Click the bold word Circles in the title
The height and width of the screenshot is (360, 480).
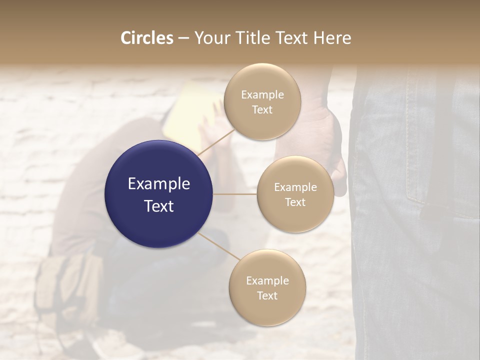click(146, 38)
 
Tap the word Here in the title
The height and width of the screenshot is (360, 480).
click(332, 38)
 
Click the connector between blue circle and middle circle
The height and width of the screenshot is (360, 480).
click(235, 194)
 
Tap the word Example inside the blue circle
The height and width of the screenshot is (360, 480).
click(159, 184)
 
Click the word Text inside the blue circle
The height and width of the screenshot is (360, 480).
click(159, 206)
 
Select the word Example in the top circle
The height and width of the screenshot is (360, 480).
click(262, 95)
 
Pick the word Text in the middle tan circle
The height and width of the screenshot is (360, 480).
click(295, 202)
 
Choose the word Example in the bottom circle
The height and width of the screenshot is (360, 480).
click(267, 281)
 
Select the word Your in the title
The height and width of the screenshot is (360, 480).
click(211, 38)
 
